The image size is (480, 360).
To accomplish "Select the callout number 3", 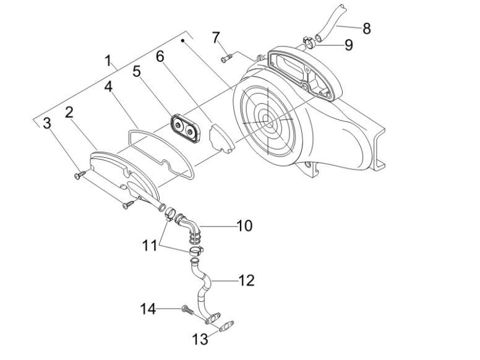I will pos(47,124).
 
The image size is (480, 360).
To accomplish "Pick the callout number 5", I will pos(137,72).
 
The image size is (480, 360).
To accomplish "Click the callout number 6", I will pos(160,57).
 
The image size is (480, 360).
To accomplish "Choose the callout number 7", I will pos(216,37).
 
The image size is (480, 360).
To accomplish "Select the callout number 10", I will pos(244,225).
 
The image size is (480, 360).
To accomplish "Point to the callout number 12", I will pos(246,280).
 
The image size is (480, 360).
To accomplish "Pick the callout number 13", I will pos(199,339).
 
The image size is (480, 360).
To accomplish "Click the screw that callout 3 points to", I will pos(78,176).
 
